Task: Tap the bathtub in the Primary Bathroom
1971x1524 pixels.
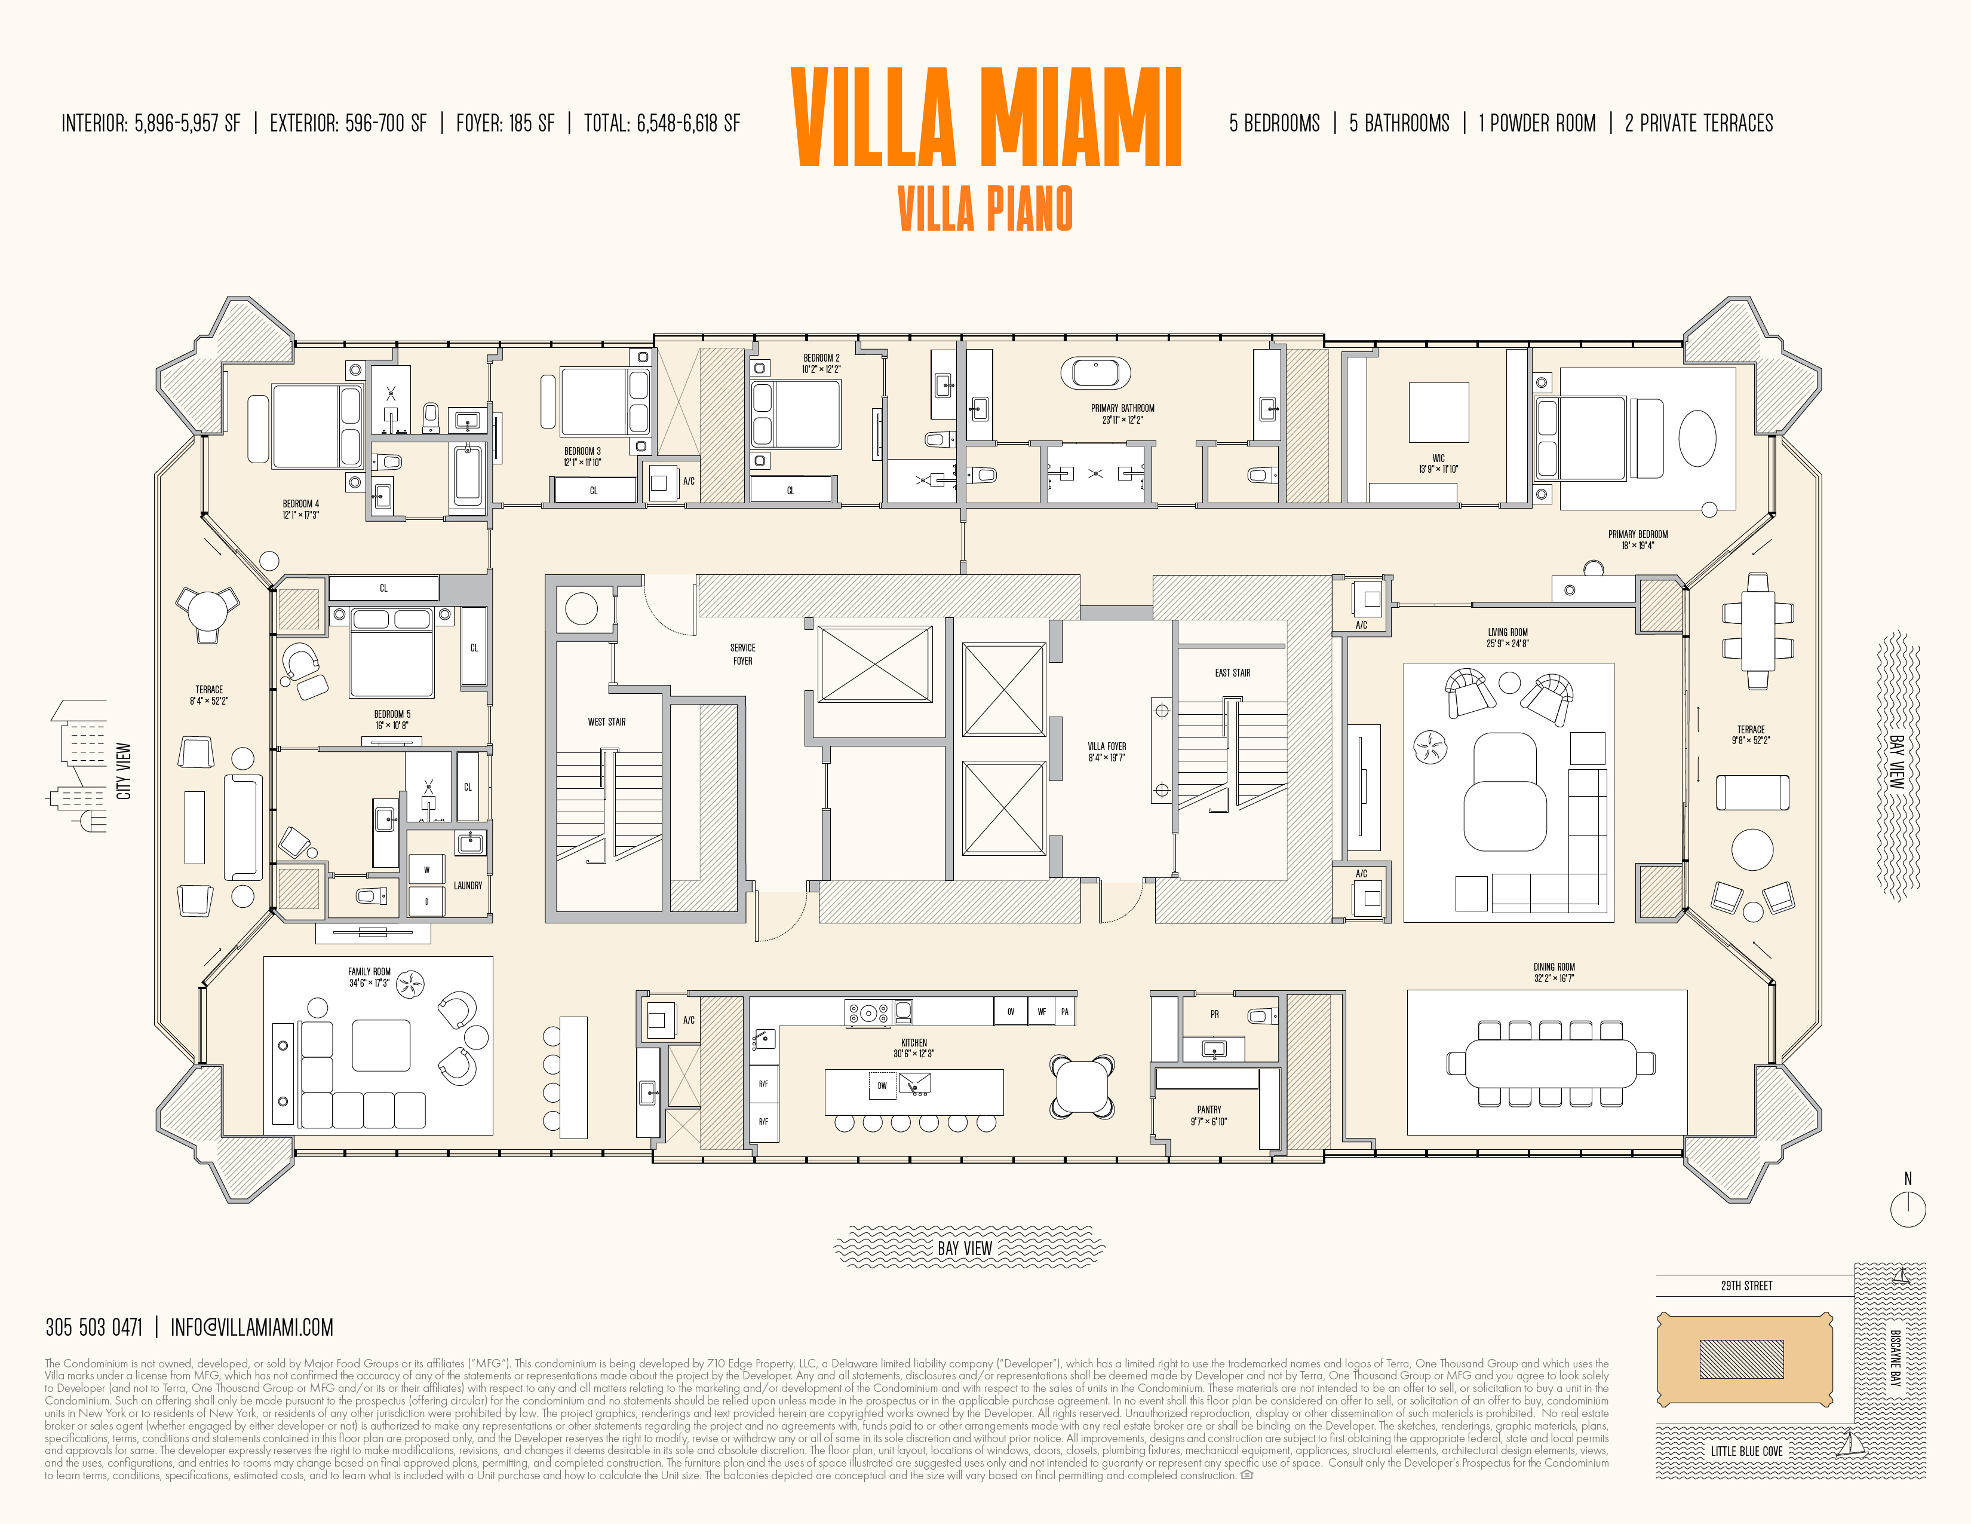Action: (1095, 372)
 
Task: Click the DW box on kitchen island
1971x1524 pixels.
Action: (882, 1086)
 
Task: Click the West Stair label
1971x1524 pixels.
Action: (606, 721)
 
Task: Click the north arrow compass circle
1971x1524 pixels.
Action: (1908, 1209)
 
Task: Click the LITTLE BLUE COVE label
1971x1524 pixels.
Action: (1746, 1451)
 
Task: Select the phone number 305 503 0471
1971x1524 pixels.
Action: (94, 1327)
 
